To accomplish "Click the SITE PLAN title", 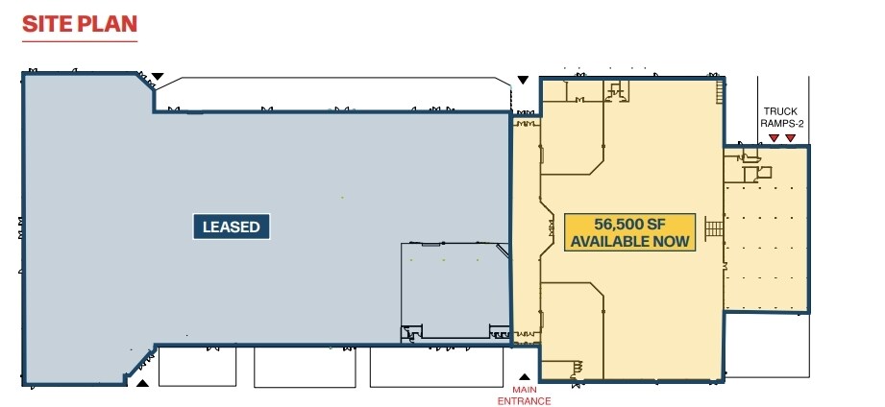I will click(79, 24).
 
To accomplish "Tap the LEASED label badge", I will click(231, 227).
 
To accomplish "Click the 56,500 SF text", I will click(630, 223).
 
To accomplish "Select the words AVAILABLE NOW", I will click(630, 241).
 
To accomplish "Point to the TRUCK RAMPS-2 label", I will click(781, 117).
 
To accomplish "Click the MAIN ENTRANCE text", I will click(524, 394).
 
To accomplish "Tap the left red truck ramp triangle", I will click(773, 139).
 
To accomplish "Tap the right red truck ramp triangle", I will click(791, 139).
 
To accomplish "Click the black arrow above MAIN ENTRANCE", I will click(524, 377).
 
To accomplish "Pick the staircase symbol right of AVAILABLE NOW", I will click(713, 230).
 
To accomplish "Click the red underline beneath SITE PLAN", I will click(79, 41).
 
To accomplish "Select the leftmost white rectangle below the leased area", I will click(196, 366).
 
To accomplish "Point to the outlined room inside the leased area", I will click(455, 290).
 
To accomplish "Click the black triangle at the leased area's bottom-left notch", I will click(141, 383).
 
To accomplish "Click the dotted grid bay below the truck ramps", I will click(765, 245).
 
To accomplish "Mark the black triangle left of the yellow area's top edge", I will click(523, 79).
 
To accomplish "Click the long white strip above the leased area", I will click(332, 94).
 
